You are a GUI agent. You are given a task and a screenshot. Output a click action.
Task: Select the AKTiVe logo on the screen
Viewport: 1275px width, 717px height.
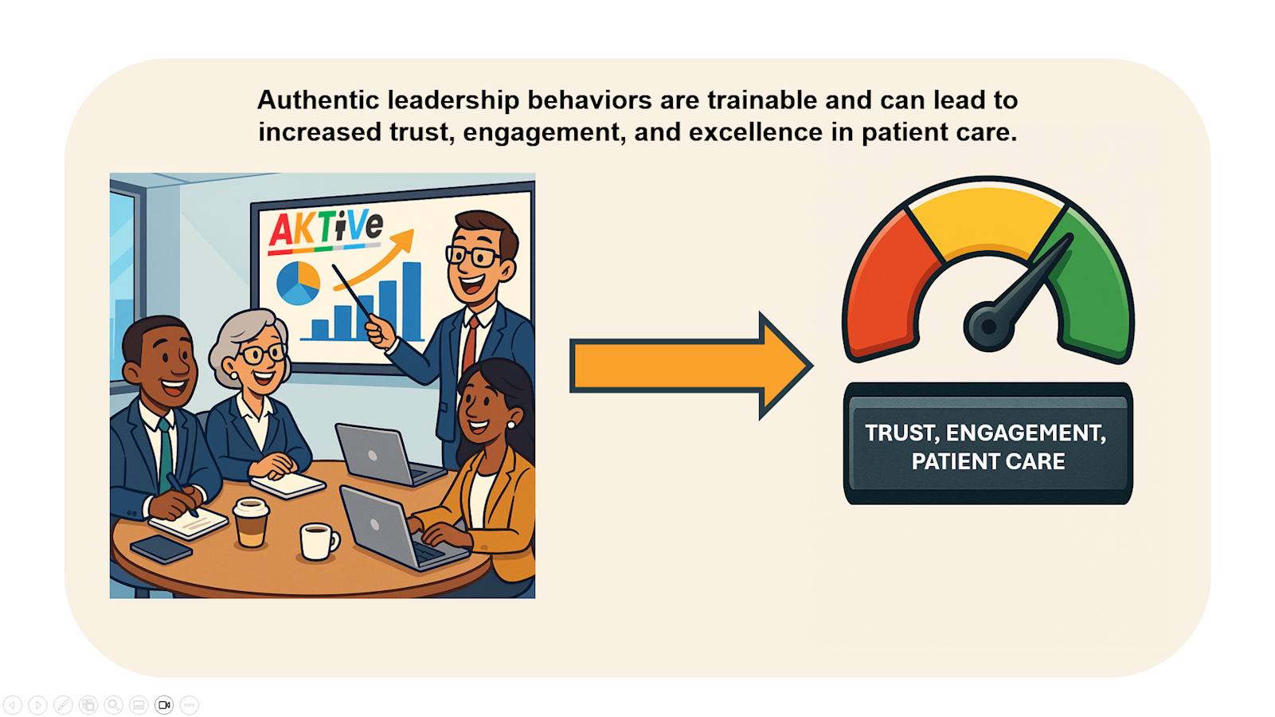pyautogui.click(x=325, y=229)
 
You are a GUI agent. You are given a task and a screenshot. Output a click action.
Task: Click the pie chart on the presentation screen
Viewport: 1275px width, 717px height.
pyautogui.click(x=298, y=283)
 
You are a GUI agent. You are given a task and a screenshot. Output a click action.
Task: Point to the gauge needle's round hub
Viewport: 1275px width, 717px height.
pyautogui.click(x=988, y=326)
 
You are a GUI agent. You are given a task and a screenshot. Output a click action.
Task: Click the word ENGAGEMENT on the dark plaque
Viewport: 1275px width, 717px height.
pyautogui.click(x=1025, y=433)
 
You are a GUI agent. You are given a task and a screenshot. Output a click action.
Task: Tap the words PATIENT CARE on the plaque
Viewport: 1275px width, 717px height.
pyautogui.click(x=988, y=461)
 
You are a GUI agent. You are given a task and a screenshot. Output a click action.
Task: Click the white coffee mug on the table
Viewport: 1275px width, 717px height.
pyautogui.click(x=318, y=542)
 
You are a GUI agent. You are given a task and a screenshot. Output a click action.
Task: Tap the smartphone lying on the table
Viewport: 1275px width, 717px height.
pyautogui.click(x=161, y=548)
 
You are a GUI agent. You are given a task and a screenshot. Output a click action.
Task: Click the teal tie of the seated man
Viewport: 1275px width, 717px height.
pyautogui.click(x=166, y=454)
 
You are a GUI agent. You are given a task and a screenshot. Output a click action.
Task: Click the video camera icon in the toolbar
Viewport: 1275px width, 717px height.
pyautogui.click(x=164, y=705)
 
